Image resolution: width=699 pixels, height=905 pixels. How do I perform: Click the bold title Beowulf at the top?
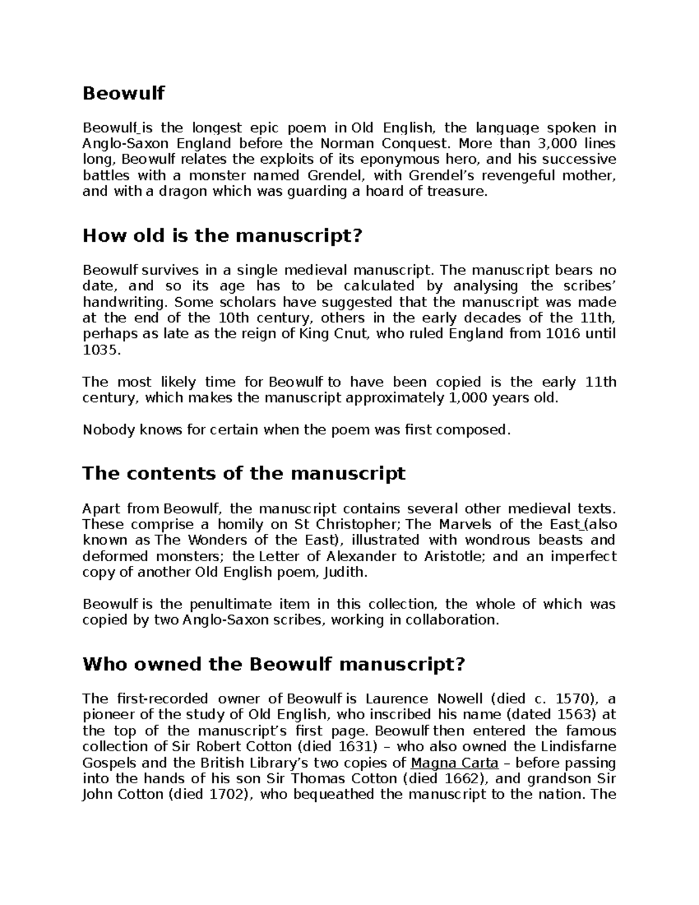coord(123,93)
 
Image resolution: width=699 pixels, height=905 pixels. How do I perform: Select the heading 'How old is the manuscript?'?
coord(223,236)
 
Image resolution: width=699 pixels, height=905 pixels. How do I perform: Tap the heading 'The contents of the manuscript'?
coord(243,473)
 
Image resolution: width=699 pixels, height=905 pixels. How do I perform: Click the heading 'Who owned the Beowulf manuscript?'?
coord(274,665)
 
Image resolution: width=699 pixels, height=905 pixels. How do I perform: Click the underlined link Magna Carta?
coord(454,763)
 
